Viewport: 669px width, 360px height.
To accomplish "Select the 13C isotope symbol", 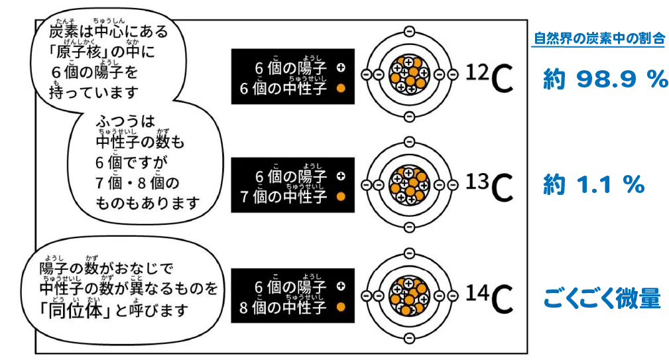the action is point(489,187).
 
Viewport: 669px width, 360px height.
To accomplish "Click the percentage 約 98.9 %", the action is point(605,80).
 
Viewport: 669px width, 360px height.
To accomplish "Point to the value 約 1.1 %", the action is point(593,185).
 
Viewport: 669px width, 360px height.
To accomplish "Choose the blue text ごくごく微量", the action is point(602,298).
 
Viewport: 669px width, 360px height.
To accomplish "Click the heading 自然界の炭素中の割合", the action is point(599,39).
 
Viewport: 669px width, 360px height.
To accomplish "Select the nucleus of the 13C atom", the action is point(408,185).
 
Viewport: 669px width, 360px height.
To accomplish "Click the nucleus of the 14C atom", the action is point(408,295).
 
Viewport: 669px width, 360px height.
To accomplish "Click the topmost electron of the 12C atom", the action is point(408,31).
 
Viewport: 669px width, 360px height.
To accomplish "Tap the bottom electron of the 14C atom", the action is point(408,338).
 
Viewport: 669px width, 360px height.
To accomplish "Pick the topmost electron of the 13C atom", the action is point(408,142).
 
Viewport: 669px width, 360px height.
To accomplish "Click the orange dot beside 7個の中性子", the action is point(341,197).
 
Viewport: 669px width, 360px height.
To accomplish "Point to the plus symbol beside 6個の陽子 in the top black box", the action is point(341,68).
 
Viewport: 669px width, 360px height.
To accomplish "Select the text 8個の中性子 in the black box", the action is point(283,308).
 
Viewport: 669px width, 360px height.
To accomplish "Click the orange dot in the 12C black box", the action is point(341,88).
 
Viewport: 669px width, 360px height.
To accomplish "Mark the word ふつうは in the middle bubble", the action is point(125,121).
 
